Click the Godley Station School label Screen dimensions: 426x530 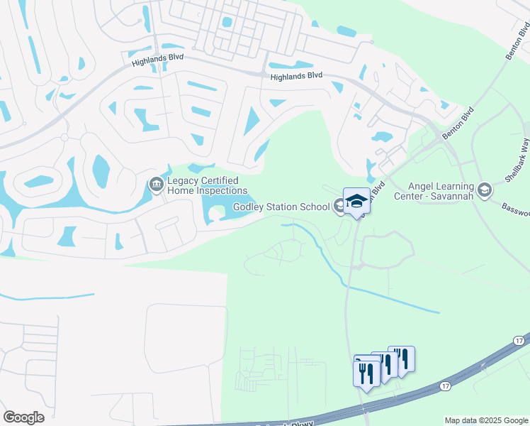pyautogui.click(x=281, y=207)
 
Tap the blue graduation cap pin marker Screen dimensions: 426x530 pyautogui.click(x=356, y=201)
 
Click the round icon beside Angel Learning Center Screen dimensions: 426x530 pyautogui.click(x=485, y=190)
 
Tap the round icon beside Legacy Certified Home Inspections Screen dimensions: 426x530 pyautogui.click(x=156, y=185)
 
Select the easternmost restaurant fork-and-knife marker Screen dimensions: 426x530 pyautogui.click(x=401, y=359)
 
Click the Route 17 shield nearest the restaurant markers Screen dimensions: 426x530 pyautogui.click(x=445, y=386)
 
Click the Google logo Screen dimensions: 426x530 pyautogui.click(x=24, y=417)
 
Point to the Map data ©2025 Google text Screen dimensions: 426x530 pyautogui.click(x=486, y=420)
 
